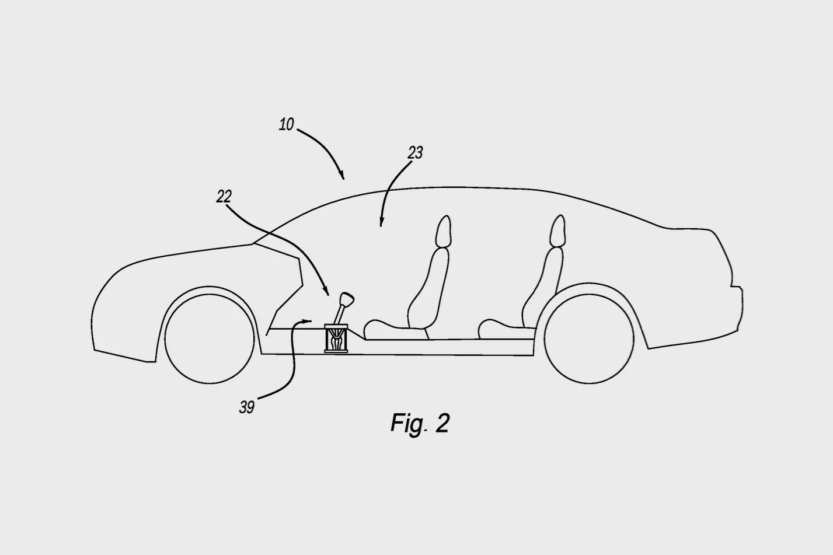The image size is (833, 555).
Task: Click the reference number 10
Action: click(x=287, y=124)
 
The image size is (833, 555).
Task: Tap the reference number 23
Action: click(x=415, y=153)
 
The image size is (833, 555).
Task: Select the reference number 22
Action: click(x=224, y=196)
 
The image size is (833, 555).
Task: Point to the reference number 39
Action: click(x=246, y=407)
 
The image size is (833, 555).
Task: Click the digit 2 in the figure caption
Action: click(x=442, y=423)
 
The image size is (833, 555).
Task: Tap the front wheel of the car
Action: click(x=210, y=338)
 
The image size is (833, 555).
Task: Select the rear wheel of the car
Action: click(x=588, y=338)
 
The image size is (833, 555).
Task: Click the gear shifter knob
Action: click(x=346, y=299)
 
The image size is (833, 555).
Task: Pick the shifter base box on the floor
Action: click(x=336, y=338)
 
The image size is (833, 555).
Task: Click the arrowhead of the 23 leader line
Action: click(x=381, y=222)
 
